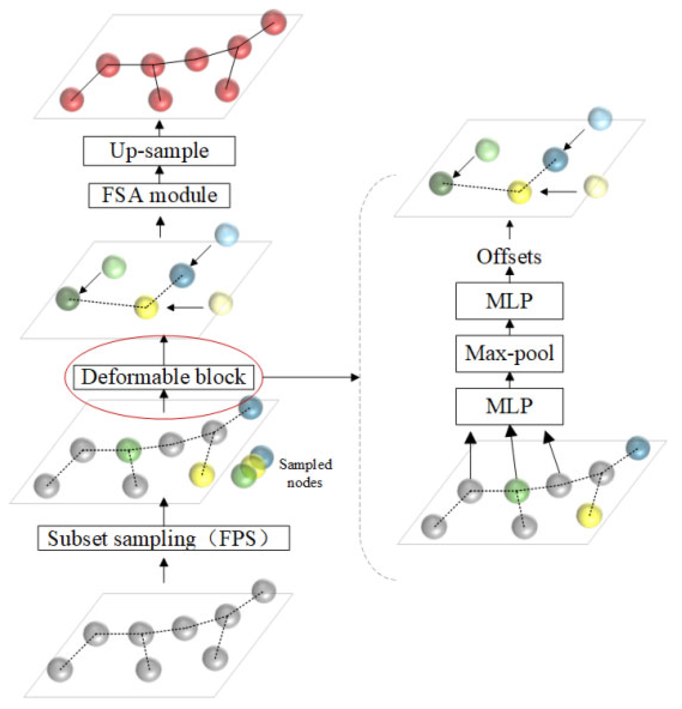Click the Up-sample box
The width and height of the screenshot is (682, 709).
click(159, 151)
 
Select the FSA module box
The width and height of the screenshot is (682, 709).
click(159, 195)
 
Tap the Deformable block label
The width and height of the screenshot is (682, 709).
click(163, 377)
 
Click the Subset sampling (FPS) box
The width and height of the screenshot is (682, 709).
click(163, 538)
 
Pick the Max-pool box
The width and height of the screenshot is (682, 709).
click(509, 353)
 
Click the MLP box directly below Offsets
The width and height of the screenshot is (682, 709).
click(509, 301)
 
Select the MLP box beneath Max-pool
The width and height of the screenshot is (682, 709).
click(509, 406)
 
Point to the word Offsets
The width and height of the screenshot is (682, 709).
click(509, 257)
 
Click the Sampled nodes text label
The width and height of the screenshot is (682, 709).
click(305, 473)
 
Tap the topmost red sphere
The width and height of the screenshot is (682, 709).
click(274, 22)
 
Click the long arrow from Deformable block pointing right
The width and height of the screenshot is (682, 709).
click(311, 377)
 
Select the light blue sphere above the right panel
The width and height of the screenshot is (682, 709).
click(600, 118)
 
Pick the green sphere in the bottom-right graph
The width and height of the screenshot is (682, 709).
click(517, 491)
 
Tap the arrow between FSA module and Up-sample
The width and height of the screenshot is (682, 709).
click(159, 174)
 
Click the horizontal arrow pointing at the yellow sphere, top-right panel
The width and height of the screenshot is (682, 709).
click(558, 192)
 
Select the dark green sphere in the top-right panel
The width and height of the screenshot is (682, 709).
click(441, 183)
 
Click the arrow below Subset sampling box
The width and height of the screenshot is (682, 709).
click(163, 570)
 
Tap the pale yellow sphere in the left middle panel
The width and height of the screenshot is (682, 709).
click(220, 303)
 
